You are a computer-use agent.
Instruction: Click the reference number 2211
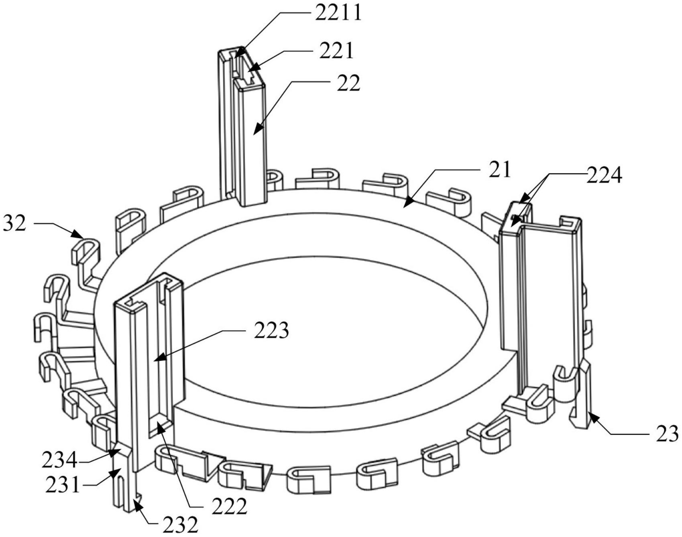(338, 13)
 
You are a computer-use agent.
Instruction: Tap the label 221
(336, 51)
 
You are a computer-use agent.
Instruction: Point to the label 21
(499, 169)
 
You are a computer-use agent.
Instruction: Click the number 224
(604, 175)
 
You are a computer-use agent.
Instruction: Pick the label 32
(14, 224)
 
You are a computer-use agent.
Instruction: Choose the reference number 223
(271, 331)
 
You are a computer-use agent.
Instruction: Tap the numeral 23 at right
(667, 434)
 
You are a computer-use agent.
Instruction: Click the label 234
(59, 460)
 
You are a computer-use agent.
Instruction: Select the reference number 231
(63, 485)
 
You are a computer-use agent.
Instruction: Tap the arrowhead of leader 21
(405, 206)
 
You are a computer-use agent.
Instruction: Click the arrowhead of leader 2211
(236, 57)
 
